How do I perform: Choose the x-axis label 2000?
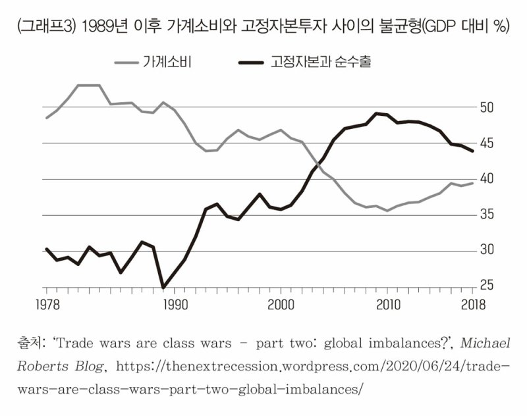click(281, 305)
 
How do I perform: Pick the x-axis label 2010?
click(388, 305)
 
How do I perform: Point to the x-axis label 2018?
click(473, 305)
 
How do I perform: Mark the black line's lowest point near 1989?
click(163, 288)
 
